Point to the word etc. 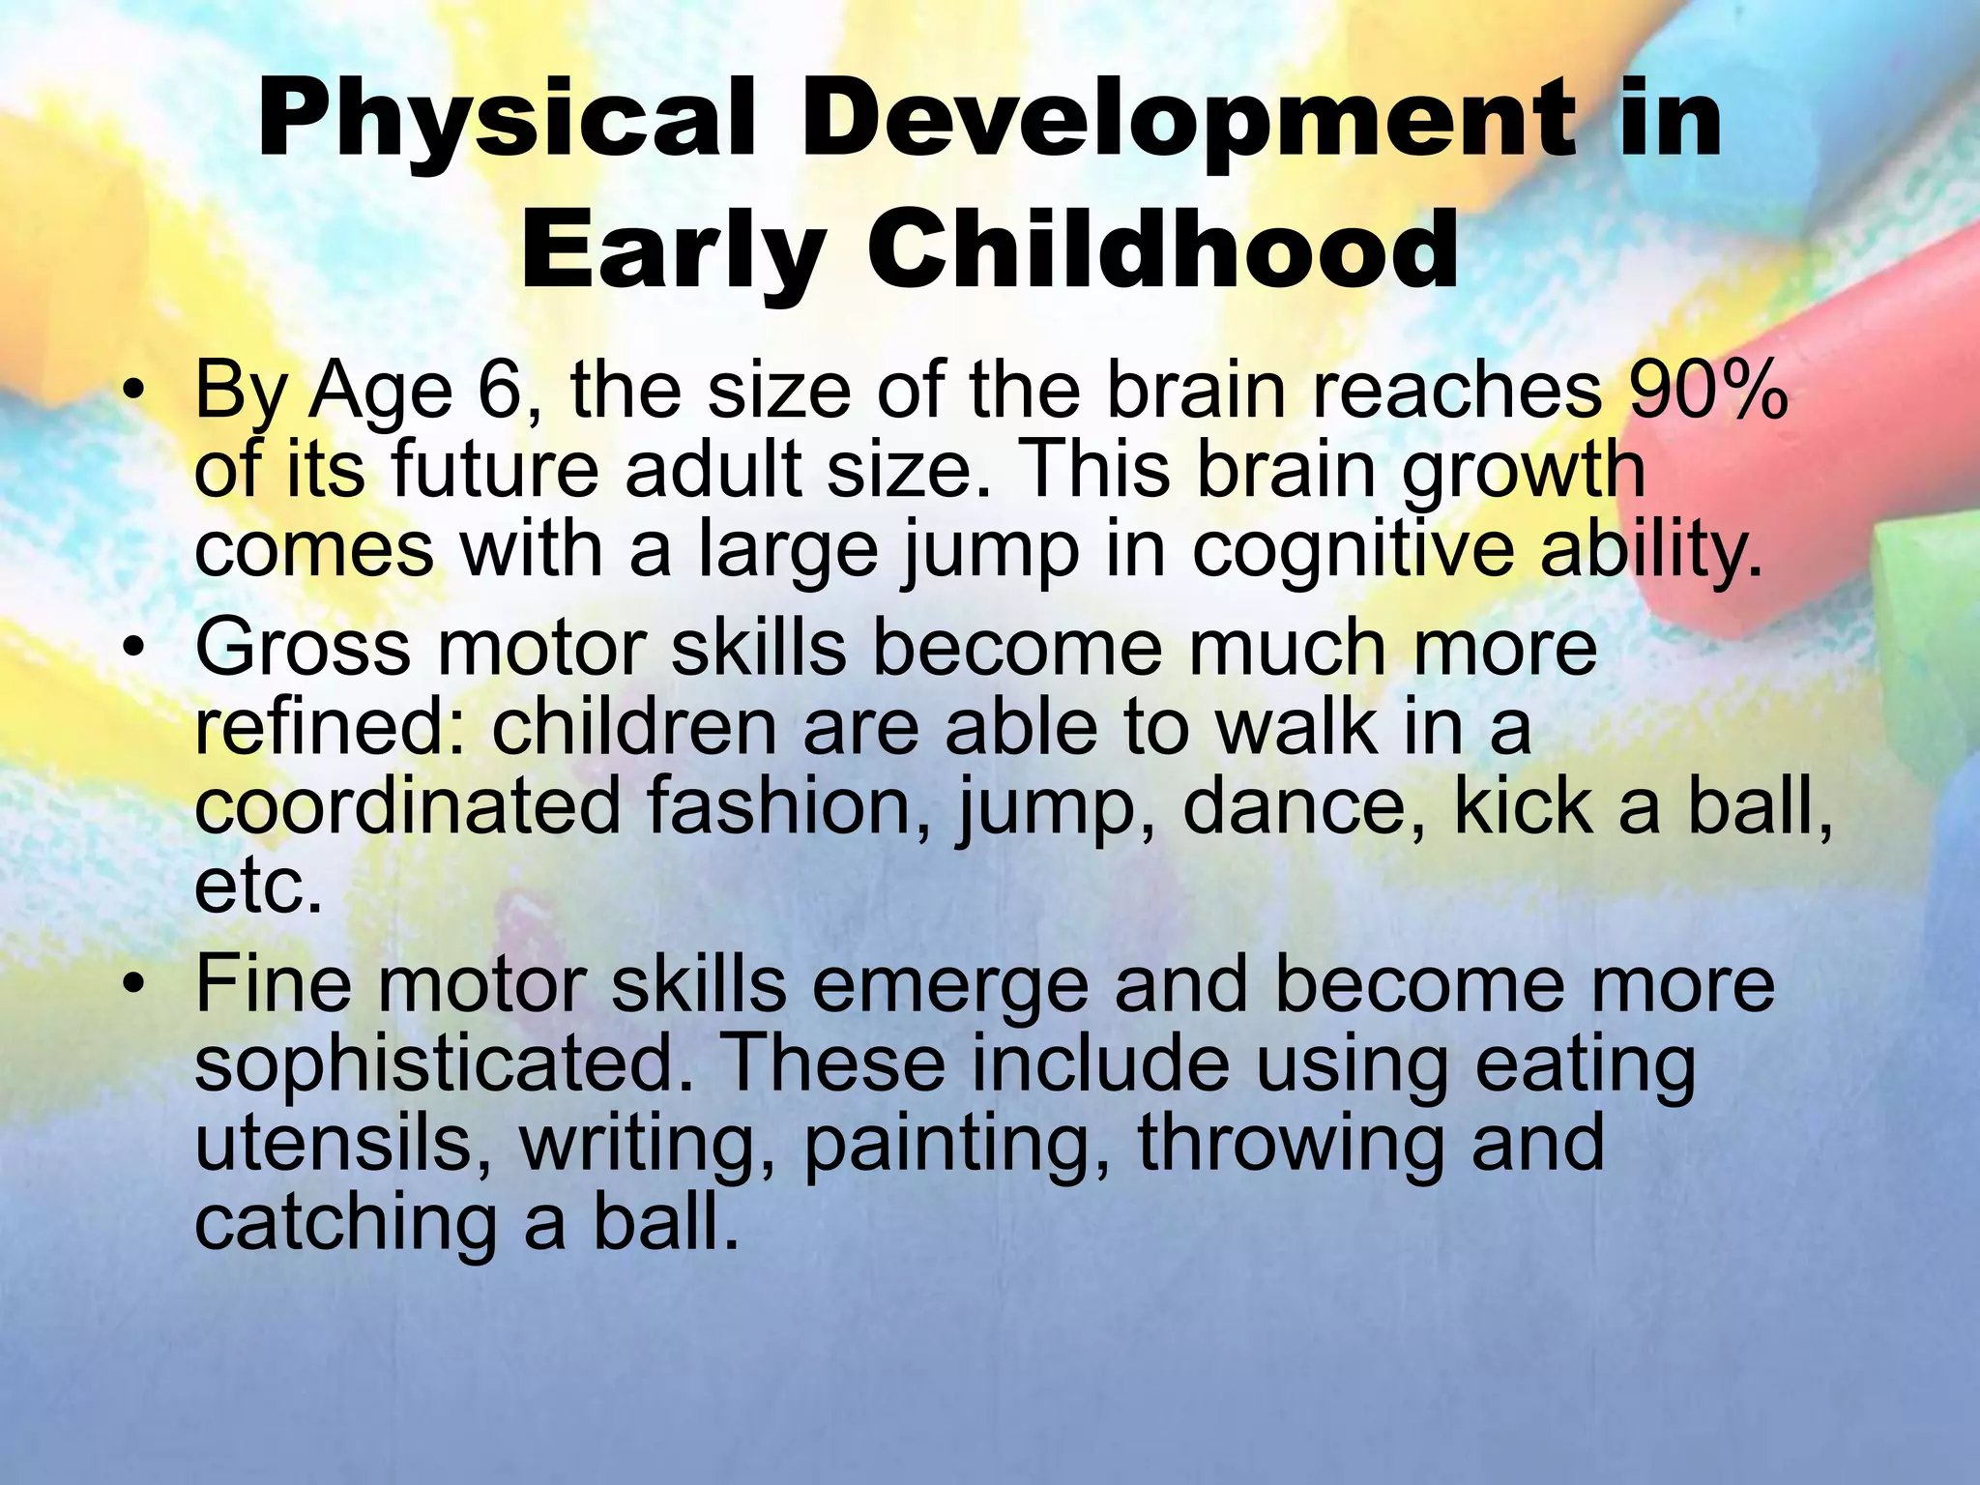[257, 887]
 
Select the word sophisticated [444, 1063]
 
